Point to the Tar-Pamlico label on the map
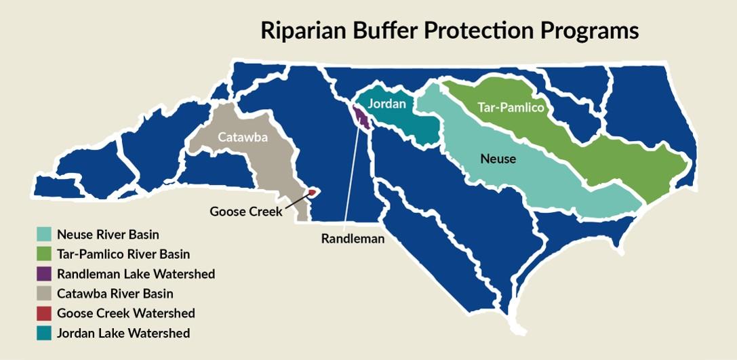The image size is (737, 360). tap(510, 108)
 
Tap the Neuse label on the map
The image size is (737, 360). tap(498, 159)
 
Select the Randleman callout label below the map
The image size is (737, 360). tap(353, 238)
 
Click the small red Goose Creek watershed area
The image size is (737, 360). tap(312, 193)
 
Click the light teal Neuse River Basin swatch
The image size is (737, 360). tap(44, 235)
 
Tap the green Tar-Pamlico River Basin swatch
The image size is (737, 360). tap(44, 254)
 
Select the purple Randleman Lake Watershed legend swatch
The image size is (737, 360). tap(44, 274)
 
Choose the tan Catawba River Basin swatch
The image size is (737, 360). tap(44, 294)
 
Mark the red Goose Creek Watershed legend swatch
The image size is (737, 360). tap(44, 313)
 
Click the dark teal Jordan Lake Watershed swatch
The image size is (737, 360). tap(44, 333)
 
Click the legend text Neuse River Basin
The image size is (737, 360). tap(108, 235)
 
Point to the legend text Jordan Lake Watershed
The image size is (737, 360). tap(123, 333)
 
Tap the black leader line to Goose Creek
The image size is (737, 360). tap(295, 201)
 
